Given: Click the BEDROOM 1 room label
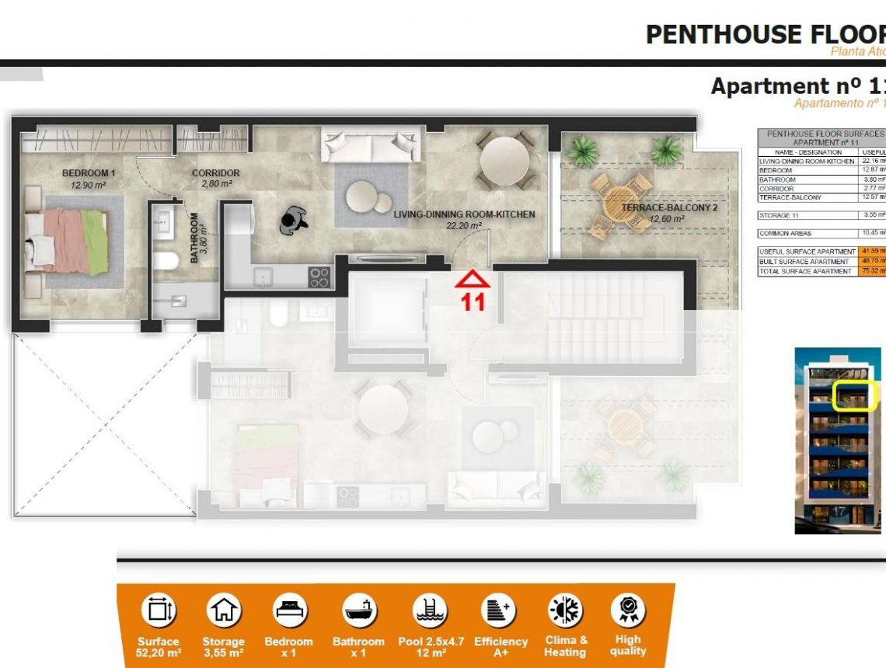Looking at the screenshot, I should [89, 172].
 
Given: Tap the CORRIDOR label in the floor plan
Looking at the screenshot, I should [216, 172].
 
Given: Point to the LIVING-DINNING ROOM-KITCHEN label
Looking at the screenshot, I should [464, 214].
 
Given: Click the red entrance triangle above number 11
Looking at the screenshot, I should [473, 279].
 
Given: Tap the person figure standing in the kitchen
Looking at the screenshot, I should [295, 221].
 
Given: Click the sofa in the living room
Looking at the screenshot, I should [371, 144].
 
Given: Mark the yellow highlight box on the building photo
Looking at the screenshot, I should [855, 396].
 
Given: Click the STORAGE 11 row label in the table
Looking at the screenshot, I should [779, 215].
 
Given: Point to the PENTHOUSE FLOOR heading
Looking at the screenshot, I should [765, 34].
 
